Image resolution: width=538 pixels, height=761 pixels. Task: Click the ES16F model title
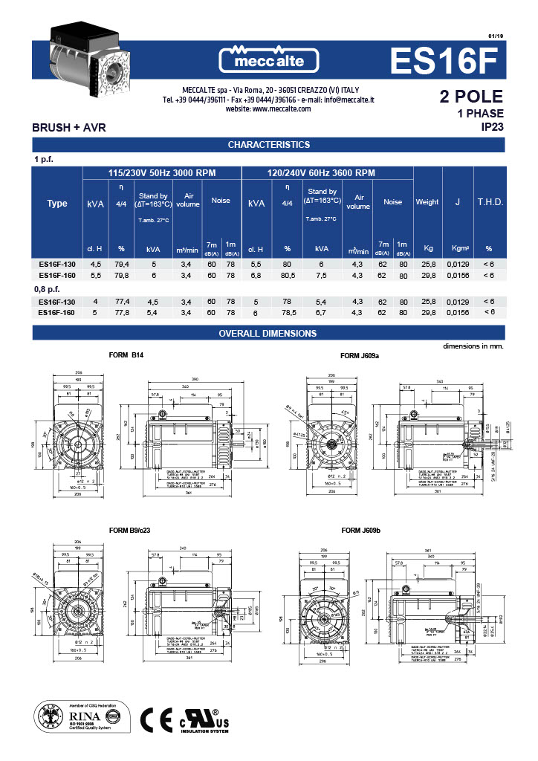(x=447, y=61)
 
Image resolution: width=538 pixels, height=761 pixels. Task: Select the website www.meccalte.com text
(x=268, y=109)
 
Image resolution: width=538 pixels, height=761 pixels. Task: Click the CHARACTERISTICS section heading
(x=268, y=144)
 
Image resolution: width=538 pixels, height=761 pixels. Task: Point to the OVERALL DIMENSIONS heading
(x=268, y=334)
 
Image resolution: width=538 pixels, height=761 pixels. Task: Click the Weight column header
(x=427, y=202)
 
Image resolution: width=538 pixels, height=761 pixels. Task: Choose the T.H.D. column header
(x=489, y=202)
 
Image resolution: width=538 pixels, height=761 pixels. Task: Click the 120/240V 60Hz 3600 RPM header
(x=321, y=173)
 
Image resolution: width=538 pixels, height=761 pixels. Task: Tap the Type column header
(x=57, y=204)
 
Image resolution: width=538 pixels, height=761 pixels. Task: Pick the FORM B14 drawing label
(x=126, y=355)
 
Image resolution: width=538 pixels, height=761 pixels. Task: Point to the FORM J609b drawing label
(x=360, y=531)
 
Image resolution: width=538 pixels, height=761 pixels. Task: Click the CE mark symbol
(x=156, y=719)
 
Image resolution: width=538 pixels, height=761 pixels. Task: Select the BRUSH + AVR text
(x=69, y=128)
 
